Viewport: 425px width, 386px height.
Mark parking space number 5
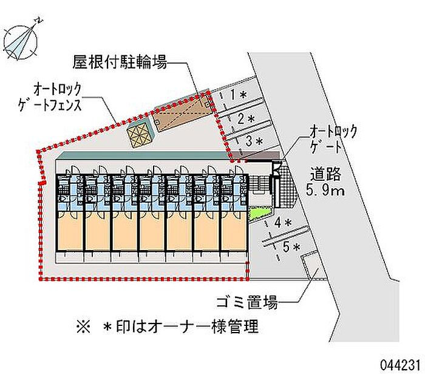point(289,246)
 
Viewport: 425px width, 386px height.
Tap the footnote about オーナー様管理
point(167,327)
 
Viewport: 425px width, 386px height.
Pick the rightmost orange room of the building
point(234,229)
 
